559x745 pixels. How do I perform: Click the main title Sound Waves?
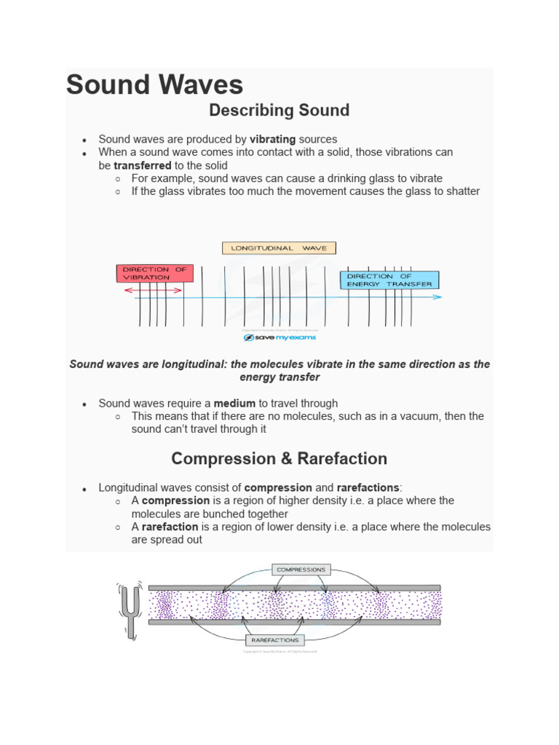click(x=154, y=85)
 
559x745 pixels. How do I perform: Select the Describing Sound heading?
click(x=279, y=111)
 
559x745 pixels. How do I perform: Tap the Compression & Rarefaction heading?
click(x=279, y=459)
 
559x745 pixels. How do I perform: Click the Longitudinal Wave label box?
click(x=279, y=248)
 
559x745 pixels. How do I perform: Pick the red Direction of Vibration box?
click(x=154, y=274)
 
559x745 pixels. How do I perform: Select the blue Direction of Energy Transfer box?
click(x=389, y=280)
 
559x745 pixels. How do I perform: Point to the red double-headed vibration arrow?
click(x=153, y=290)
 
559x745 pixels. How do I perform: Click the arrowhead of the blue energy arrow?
click(x=437, y=297)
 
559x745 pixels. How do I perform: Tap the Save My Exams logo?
click(x=279, y=338)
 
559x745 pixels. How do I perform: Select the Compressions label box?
click(x=301, y=570)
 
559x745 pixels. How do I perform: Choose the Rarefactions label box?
click(x=274, y=640)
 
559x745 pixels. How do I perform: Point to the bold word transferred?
click(x=143, y=165)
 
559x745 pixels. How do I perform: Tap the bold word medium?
click(x=234, y=403)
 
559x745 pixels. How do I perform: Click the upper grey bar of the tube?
click(x=294, y=587)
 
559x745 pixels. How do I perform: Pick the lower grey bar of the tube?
click(x=294, y=622)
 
